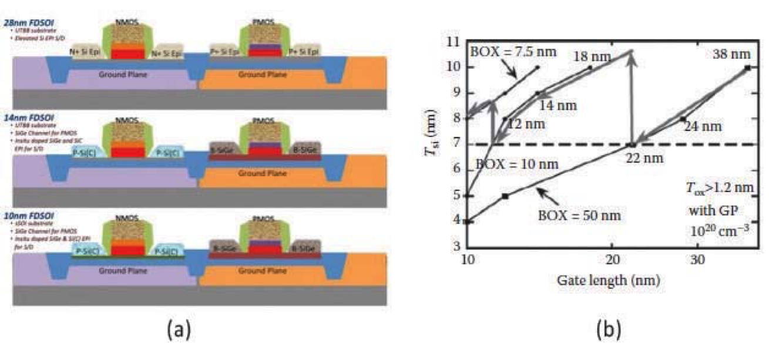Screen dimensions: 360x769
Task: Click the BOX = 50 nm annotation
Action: coord(579,215)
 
